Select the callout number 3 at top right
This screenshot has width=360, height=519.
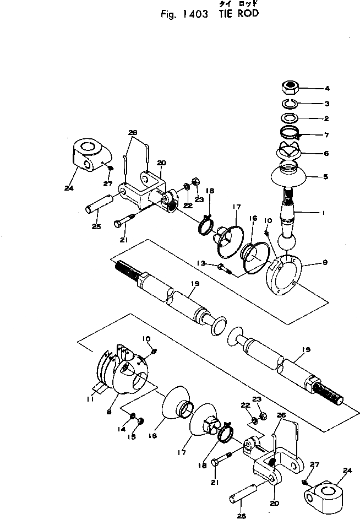(326, 104)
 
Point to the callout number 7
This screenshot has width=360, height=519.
(326, 134)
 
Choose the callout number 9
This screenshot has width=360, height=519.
(326, 263)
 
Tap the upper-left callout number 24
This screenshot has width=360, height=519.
(68, 188)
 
